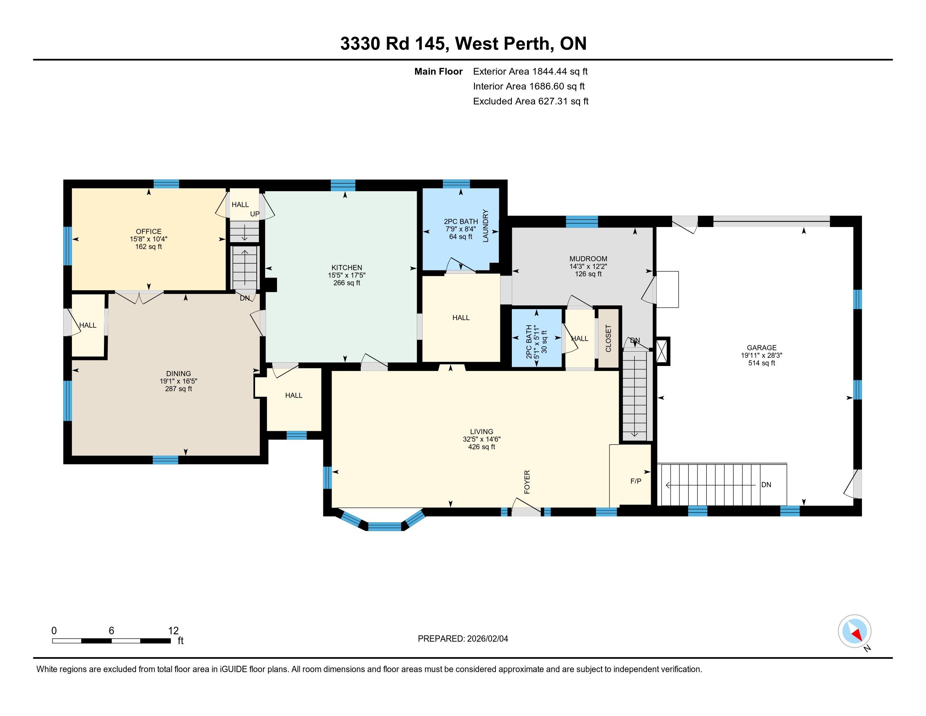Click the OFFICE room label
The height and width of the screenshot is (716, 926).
point(149,231)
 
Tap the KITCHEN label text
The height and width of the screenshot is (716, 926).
point(347,267)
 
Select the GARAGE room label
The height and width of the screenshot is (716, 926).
point(761,348)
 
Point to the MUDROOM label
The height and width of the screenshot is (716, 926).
point(588,259)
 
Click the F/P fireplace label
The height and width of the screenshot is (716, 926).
point(636,481)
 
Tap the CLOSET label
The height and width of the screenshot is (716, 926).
point(609,339)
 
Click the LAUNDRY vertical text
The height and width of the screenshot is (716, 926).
point(485,226)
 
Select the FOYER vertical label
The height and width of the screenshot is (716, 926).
point(527,482)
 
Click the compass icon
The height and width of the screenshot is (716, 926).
point(854,631)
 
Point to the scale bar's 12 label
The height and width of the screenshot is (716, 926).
point(173,631)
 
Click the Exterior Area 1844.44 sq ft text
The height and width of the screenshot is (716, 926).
point(530,71)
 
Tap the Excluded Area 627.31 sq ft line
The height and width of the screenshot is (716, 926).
point(531,101)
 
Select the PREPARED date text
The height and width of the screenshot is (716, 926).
point(463,639)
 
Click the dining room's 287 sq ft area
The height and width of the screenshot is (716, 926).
point(178,389)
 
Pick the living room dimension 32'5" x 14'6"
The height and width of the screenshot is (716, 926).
point(482,439)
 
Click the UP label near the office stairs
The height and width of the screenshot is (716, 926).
point(254,214)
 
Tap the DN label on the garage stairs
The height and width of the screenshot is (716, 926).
point(766,485)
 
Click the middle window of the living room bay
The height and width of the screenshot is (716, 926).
point(385,526)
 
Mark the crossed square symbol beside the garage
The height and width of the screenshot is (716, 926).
point(663,351)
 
